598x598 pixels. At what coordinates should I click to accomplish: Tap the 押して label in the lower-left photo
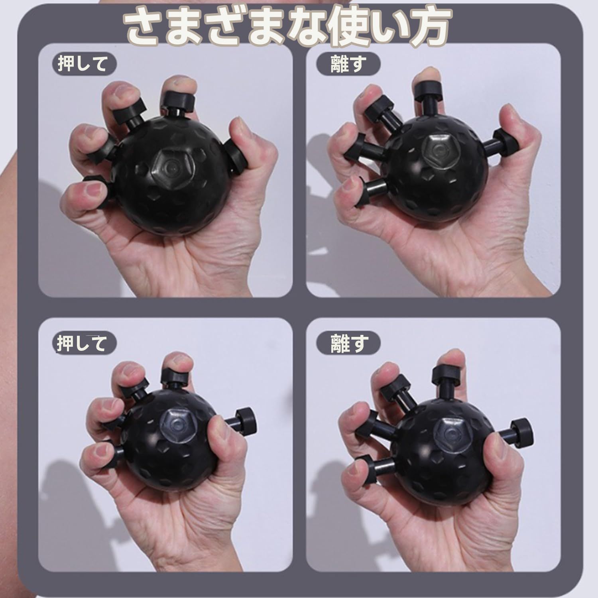pos(82,343)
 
